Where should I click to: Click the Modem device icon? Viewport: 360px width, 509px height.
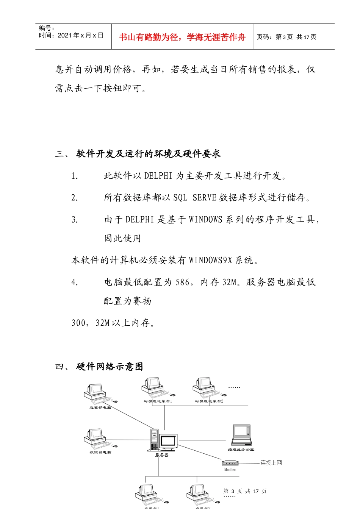click(x=230, y=463)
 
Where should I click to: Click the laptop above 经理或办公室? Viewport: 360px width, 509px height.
click(x=242, y=435)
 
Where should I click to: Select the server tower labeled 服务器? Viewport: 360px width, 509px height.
click(x=154, y=439)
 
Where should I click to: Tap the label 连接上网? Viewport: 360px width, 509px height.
click(x=271, y=462)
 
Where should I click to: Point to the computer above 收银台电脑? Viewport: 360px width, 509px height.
click(x=95, y=437)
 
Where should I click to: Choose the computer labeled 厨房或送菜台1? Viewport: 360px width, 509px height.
click(x=153, y=386)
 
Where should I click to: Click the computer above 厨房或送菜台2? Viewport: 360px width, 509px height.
click(x=204, y=386)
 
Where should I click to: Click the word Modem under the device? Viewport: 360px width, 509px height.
click(x=230, y=470)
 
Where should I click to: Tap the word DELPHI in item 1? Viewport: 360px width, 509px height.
click(x=158, y=176)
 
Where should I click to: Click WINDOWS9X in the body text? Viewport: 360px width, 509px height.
click(x=210, y=260)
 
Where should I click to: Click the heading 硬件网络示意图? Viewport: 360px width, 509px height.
click(x=110, y=367)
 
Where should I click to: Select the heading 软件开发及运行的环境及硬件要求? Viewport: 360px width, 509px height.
click(x=149, y=154)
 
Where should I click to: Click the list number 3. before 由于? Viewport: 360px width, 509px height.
click(x=75, y=220)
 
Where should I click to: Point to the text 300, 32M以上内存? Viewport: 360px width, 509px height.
click(x=113, y=323)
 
